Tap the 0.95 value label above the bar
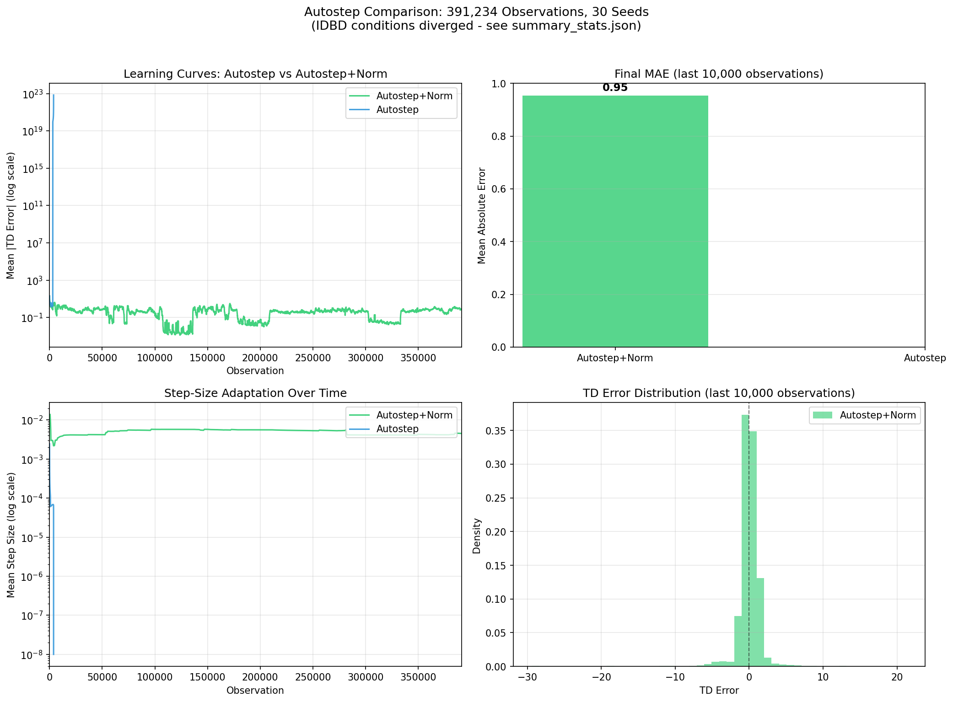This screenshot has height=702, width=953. pos(615,88)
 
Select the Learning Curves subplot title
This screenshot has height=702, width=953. pos(255,74)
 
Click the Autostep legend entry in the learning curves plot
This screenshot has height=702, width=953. pos(397,110)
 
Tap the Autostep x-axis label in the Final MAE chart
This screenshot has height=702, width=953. pos(925,358)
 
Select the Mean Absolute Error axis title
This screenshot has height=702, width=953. pos(482,215)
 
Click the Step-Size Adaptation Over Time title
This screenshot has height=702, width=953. pos(255,393)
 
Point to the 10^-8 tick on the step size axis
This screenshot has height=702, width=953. pos(33,654)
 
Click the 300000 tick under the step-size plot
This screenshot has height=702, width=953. pos(365,677)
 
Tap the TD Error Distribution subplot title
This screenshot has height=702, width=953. pos(719,393)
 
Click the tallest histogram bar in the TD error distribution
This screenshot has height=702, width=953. pos(745,540)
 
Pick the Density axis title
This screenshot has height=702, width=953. pos(477,536)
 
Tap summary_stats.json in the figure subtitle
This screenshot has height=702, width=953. pos(576,26)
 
